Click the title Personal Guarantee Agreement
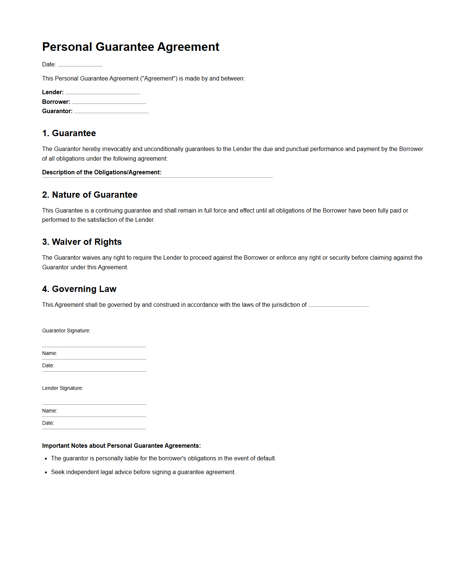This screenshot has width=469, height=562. pos(131,47)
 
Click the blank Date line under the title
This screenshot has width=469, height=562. pos(80,65)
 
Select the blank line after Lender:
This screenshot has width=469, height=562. pos(102,93)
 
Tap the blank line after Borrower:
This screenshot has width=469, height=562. pos(109,102)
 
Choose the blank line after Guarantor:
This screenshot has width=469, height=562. pos(111,112)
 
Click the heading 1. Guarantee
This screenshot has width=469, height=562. pos(69,133)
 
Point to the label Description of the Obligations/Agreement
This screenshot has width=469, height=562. pos(102,172)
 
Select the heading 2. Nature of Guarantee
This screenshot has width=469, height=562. pos(90,195)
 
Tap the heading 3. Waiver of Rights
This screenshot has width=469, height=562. pos(82,242)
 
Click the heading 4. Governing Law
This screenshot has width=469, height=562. pos(79,289)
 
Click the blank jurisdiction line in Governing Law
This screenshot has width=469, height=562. pos(338,305)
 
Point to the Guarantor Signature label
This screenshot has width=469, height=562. pos(66,331)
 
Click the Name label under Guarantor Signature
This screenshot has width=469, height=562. pos(49,353)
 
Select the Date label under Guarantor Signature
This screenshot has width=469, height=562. pos(48,365)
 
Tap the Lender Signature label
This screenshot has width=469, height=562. pos(62,388)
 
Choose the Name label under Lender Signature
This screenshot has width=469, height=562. pos(49,411)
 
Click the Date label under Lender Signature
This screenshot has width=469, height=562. pos(48,423)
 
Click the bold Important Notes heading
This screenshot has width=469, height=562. pos(121,446)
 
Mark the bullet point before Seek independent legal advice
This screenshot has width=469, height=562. pos(46,472)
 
